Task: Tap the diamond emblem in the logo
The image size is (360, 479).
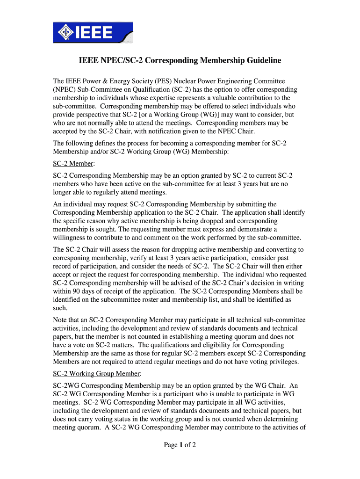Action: click(64, 33)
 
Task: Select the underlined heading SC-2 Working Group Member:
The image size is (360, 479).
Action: click(96, 374)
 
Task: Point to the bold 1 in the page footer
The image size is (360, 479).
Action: click(180, 445)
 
